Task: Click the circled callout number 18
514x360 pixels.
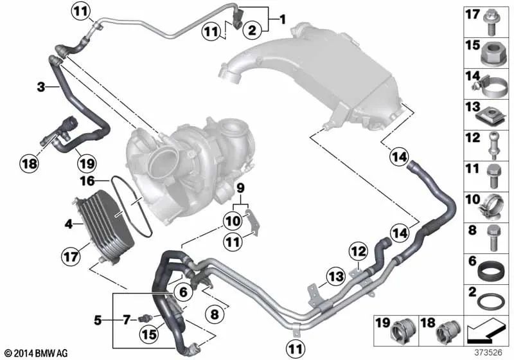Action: coord(29,163)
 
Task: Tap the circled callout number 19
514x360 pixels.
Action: coord(87,163)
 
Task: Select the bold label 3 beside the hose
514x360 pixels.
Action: coord(40,87)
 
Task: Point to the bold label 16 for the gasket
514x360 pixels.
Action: coord(87,181)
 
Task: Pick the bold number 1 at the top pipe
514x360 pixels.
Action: coord(283,19)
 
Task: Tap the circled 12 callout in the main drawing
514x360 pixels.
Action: coord(359,251)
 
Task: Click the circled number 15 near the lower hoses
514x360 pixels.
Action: coord(149,334)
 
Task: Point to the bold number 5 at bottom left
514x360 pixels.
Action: coord(98,319)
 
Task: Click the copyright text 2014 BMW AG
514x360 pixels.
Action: coord(37,353)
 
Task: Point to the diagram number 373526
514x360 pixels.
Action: coord(488,352)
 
